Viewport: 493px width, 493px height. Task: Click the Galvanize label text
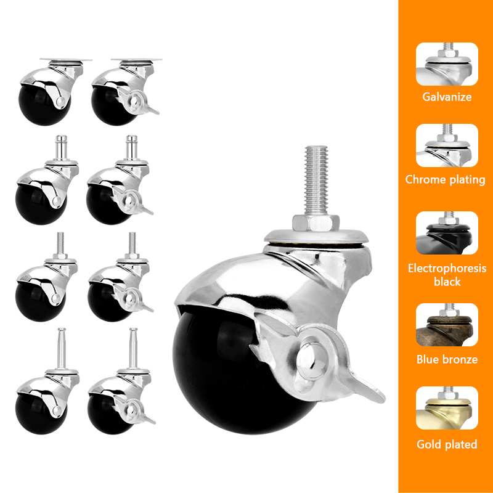(447, 97)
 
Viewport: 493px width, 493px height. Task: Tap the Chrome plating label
(446, 180)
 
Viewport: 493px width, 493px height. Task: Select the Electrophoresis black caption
(447, 275)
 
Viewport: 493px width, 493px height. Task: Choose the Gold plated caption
(447, 444)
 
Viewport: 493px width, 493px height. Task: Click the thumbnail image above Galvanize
(447, 64)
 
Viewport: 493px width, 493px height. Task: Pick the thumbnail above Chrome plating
(447, 145)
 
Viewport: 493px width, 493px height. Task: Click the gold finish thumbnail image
(447, 408)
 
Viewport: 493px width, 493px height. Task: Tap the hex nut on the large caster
(315, 222)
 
